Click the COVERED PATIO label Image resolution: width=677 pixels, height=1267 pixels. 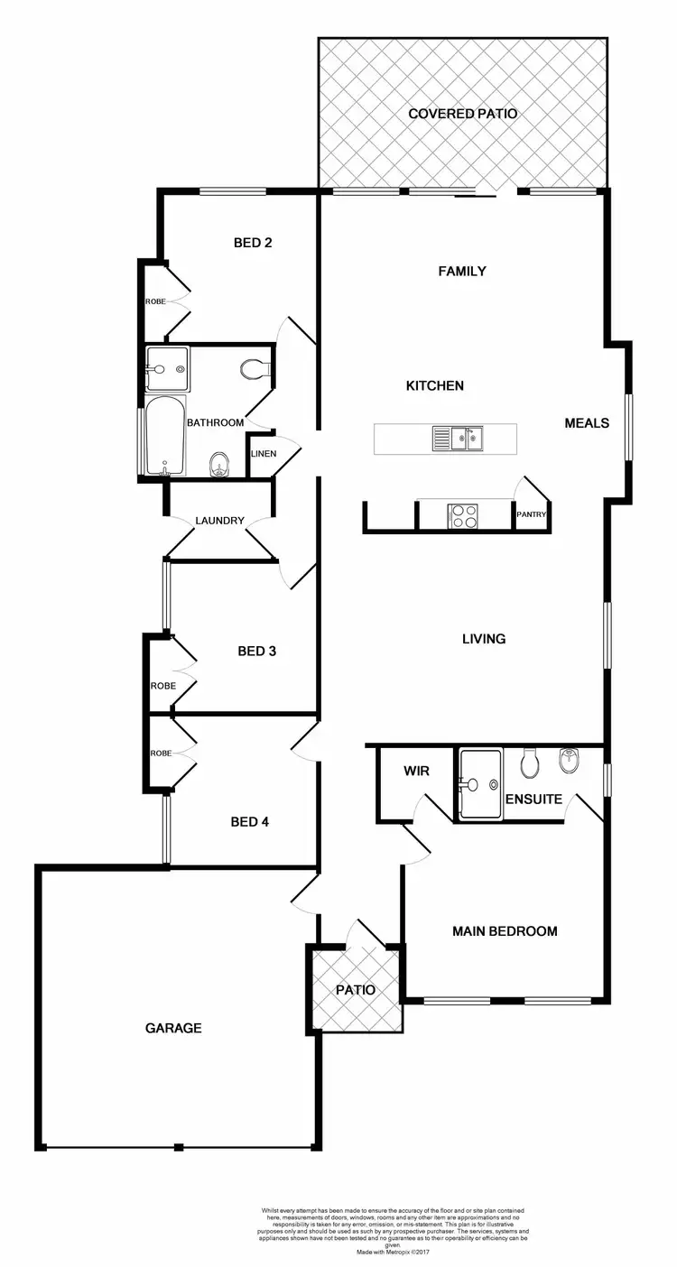[x=462, y=114]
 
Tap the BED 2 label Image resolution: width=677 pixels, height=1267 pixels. [x=253, y=242]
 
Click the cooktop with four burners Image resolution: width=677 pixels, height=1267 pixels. [x=463, y=515]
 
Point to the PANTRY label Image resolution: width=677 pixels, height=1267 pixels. [x=531, y=514]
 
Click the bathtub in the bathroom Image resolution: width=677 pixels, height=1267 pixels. [x=164, y=435]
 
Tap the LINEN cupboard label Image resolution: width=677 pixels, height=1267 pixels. [x=263, y=453]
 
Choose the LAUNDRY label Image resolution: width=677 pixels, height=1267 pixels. [x=220, y=521]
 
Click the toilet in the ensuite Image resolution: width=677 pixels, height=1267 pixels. [x=530, y=763]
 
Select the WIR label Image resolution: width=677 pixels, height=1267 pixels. [x=416, y=772]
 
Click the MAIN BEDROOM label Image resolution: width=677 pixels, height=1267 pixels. [x=505, y=931]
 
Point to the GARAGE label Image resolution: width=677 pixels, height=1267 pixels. [x=173, y=1028]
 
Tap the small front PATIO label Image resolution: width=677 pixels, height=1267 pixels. [x=355, y=990]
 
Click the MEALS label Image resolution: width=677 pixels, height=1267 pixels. [x=587, y=422]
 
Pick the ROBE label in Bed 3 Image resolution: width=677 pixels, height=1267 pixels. [x=162, y=686]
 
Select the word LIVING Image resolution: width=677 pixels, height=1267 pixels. [x=484, y=639]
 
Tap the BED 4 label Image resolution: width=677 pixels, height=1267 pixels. [x=250, y=822]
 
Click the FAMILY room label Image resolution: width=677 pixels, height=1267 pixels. [x=462, y=271]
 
